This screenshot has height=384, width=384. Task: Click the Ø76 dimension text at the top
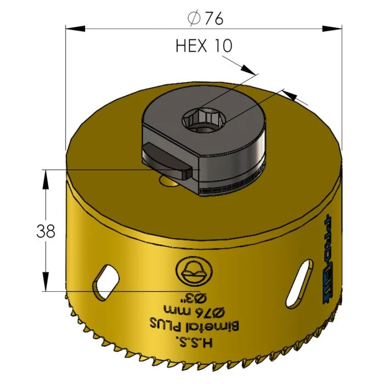coord(205,18)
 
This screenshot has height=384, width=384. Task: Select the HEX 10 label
coord(204,46)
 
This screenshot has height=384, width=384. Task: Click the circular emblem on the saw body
coord(193,271)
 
